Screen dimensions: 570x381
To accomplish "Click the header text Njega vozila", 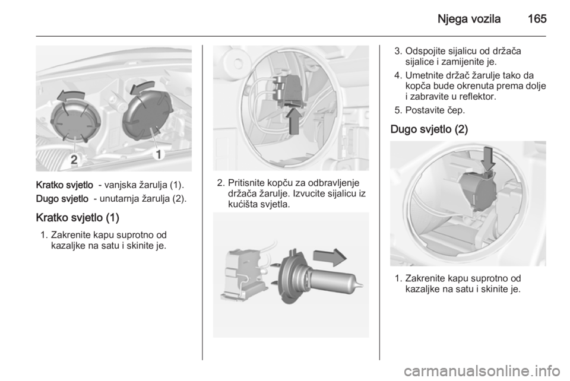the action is tap(469, 19).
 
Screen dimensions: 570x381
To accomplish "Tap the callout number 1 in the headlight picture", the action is tap(159, 154).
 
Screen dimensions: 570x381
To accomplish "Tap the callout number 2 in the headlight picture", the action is tap(74, 159).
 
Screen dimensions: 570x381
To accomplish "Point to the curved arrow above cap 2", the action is tap(71, 96).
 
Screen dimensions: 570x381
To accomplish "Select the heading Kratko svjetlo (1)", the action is tap(77, 218).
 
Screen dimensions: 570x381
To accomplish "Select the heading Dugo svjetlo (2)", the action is tap(429, 129).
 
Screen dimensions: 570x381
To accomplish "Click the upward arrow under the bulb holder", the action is tap(294, 120).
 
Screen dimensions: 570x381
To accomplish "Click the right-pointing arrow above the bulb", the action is tap(330, 257).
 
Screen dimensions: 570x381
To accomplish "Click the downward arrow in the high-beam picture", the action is tap(488, 158).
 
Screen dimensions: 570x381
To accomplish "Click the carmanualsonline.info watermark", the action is tap(482, 371).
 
